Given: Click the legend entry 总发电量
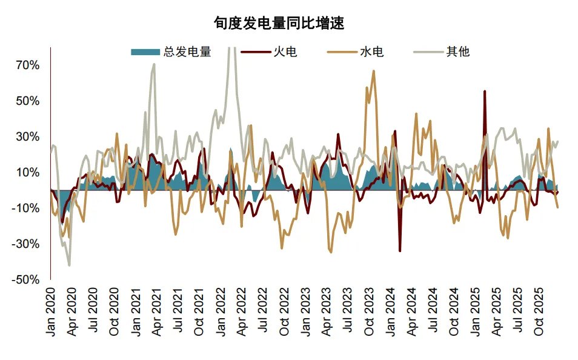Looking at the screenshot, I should pos(187,52).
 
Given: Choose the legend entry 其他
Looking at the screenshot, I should pos(458,52).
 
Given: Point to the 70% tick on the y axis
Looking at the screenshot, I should pos(27,65).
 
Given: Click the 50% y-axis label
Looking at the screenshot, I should pos(27,101).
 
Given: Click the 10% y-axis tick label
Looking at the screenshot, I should pos(27,173).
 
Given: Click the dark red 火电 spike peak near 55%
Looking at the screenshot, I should pos(484,92).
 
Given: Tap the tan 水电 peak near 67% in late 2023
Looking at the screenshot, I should pos(373,71).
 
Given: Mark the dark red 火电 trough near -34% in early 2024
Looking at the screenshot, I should pos(400,251).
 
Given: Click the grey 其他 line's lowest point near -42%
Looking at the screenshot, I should pos(69,265).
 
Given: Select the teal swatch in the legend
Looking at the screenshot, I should pos(145,52).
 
